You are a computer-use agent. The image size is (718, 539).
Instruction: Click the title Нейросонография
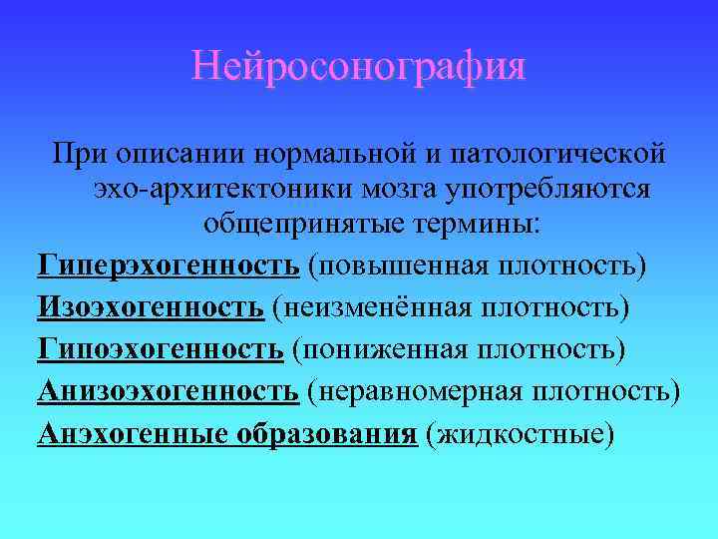[358, 68]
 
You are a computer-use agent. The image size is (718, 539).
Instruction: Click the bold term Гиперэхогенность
[169, 267]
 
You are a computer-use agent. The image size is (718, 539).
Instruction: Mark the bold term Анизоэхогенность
[169, 392]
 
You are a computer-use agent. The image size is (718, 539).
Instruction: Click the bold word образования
[326, 434]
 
